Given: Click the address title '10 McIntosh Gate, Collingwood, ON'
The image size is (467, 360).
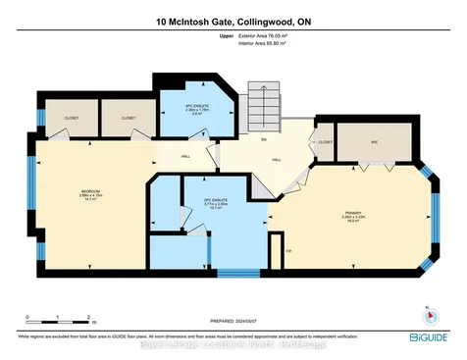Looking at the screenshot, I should [233, 21].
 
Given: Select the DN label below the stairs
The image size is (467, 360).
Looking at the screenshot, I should [263, 138].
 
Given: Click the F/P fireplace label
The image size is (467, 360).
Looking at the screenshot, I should [288, 250].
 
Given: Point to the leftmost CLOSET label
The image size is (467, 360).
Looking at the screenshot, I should [72, 117].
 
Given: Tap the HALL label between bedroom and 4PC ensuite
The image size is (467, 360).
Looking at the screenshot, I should [185, 155].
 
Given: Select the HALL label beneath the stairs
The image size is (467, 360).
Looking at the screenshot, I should [276, 159].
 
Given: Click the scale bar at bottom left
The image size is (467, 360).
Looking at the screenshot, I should [59, 320].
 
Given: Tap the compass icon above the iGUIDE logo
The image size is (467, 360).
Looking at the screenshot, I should [427, 317].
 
